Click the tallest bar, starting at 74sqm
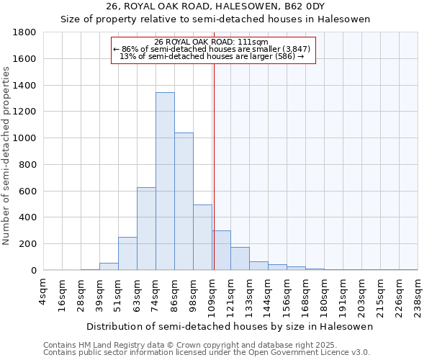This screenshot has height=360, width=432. (x=165, y=181)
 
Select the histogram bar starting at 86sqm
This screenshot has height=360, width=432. (x=184, y=202)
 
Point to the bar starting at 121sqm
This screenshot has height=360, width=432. (x=240, y=258)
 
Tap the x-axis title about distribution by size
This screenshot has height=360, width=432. (x=229, y=327)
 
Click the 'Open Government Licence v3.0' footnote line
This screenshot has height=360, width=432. (x=207, y=353)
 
